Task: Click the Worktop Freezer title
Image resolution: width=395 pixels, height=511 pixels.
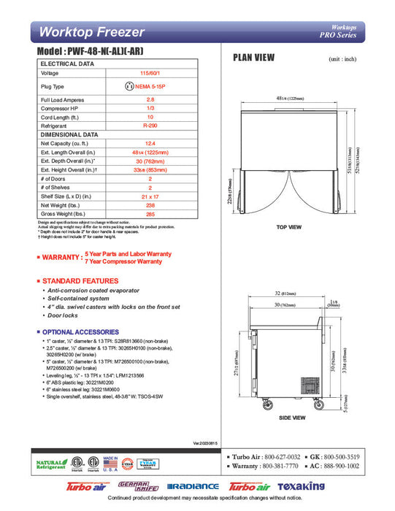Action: [x=91, y=32]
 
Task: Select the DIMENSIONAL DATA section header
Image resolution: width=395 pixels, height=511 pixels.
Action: [x=69, y=135]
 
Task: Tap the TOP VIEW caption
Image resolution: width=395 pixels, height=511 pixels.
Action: [x=290, y=227]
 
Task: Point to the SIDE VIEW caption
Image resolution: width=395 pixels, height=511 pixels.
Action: [x=291, y=418]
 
